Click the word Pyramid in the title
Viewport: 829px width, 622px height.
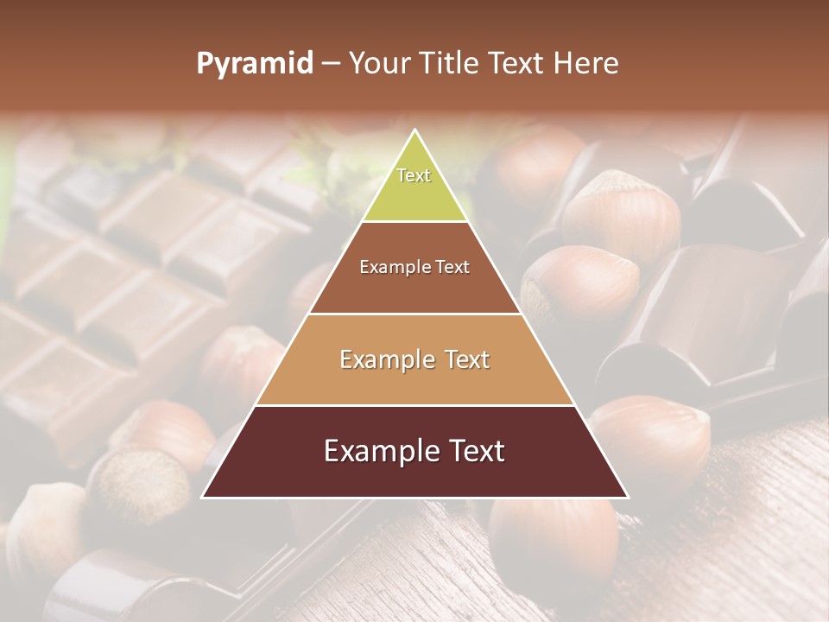255,64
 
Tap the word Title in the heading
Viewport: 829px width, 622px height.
453,64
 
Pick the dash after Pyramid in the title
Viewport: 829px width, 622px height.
330,64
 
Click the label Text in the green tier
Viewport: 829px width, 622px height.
414,175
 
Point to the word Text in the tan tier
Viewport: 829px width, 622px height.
464,359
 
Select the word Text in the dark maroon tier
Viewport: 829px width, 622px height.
474,451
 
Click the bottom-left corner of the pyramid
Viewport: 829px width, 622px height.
202,498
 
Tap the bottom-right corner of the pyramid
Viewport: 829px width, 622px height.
628,498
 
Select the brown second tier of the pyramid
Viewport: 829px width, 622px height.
414,289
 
